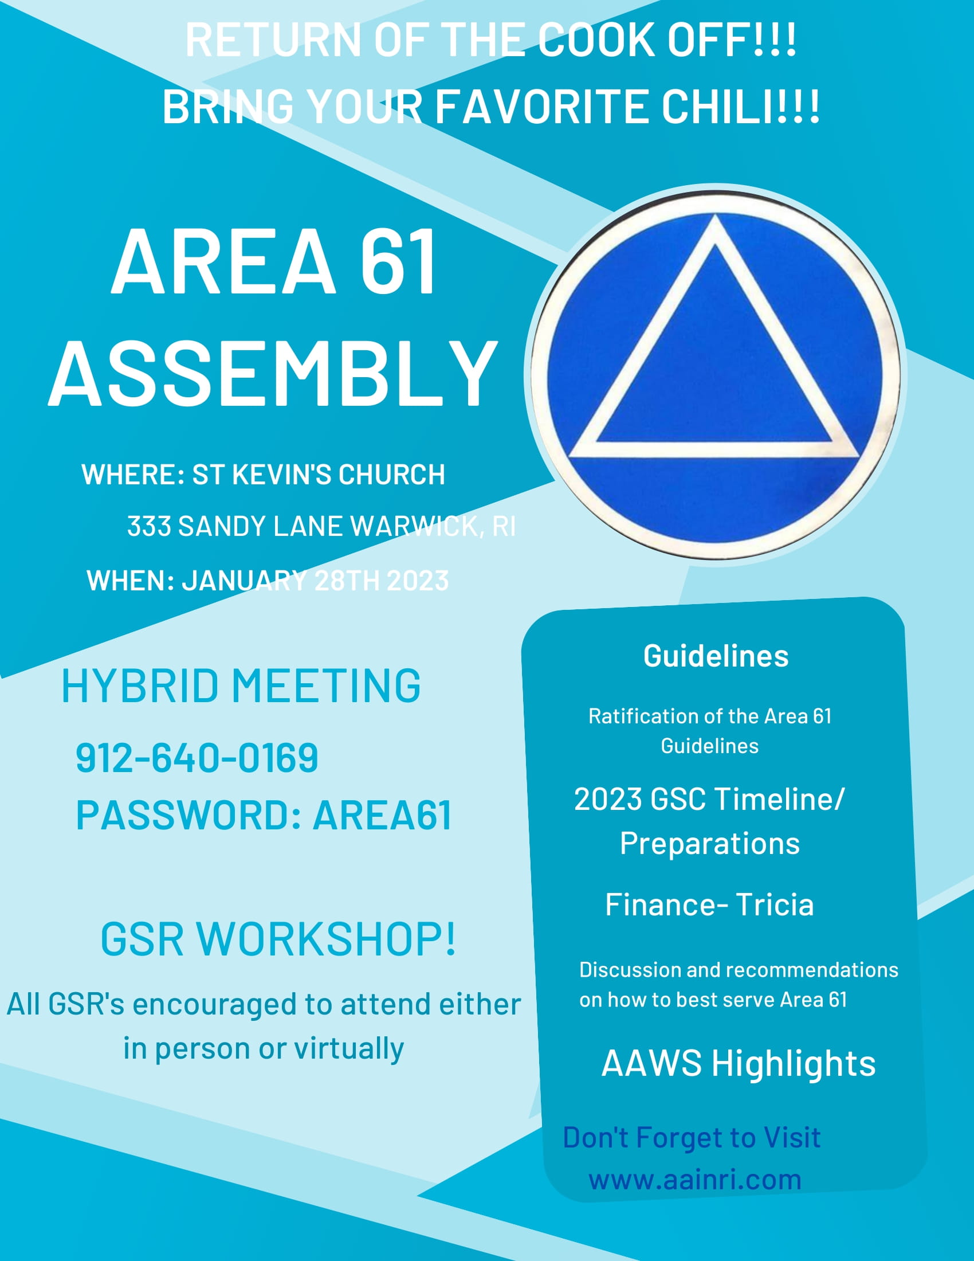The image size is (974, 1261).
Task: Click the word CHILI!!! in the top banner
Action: (740, 106)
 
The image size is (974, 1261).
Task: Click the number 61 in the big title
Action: (399, 262)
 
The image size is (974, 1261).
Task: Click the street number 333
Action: (149, 526)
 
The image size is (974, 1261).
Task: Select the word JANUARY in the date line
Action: (244, 580)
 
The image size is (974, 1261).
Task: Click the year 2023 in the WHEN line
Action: (417, 580)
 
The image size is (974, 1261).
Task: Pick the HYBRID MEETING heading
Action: (241, 686)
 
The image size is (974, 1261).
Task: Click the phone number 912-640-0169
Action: (197, 758)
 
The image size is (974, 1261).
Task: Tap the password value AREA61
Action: (382, 815)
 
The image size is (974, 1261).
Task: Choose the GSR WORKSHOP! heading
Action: (278, 939)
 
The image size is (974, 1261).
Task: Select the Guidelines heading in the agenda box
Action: (716, 656)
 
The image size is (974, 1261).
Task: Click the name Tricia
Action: (775, 904)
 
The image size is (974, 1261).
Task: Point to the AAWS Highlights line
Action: (738, 1063)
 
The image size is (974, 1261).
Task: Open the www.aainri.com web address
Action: (695, 1179)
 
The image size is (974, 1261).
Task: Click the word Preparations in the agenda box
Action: (710, 844)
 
